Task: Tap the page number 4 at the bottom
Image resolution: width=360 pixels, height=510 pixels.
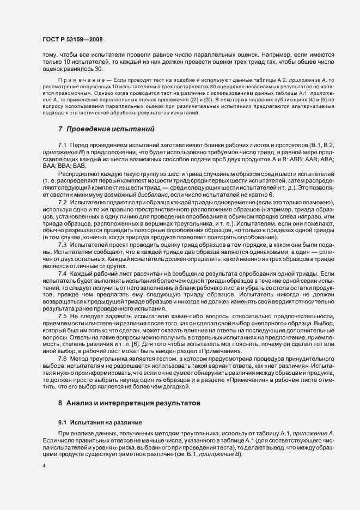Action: pos(44,466)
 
